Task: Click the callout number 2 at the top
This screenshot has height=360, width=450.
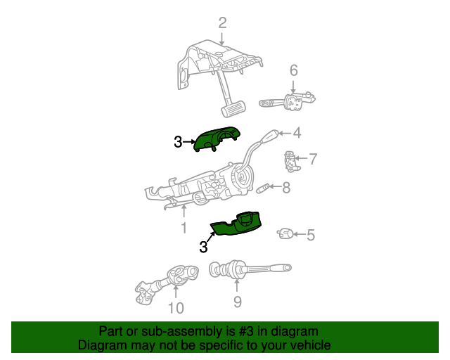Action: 222,23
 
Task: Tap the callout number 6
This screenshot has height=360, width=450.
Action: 293,70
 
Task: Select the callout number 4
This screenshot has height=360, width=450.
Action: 297,132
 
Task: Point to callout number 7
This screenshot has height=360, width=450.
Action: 313,159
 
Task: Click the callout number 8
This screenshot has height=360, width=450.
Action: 285,188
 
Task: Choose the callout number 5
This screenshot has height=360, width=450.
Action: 310,236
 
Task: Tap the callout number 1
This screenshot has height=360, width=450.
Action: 184,228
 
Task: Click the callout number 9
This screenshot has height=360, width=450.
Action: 237,302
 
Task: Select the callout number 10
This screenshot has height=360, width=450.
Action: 175,307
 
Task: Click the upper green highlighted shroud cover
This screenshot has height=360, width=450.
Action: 218,139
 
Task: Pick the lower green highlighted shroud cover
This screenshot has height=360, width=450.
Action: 238,225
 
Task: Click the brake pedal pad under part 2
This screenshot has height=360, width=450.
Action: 233,109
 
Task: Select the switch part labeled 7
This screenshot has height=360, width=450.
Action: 289,161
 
